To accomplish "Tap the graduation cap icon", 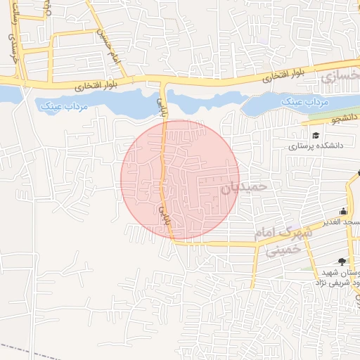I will tap(316, 134).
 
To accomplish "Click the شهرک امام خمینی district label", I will tap(280, 240).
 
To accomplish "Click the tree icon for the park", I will tap(342, 261).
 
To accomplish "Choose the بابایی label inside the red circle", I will tap(167, 212).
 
